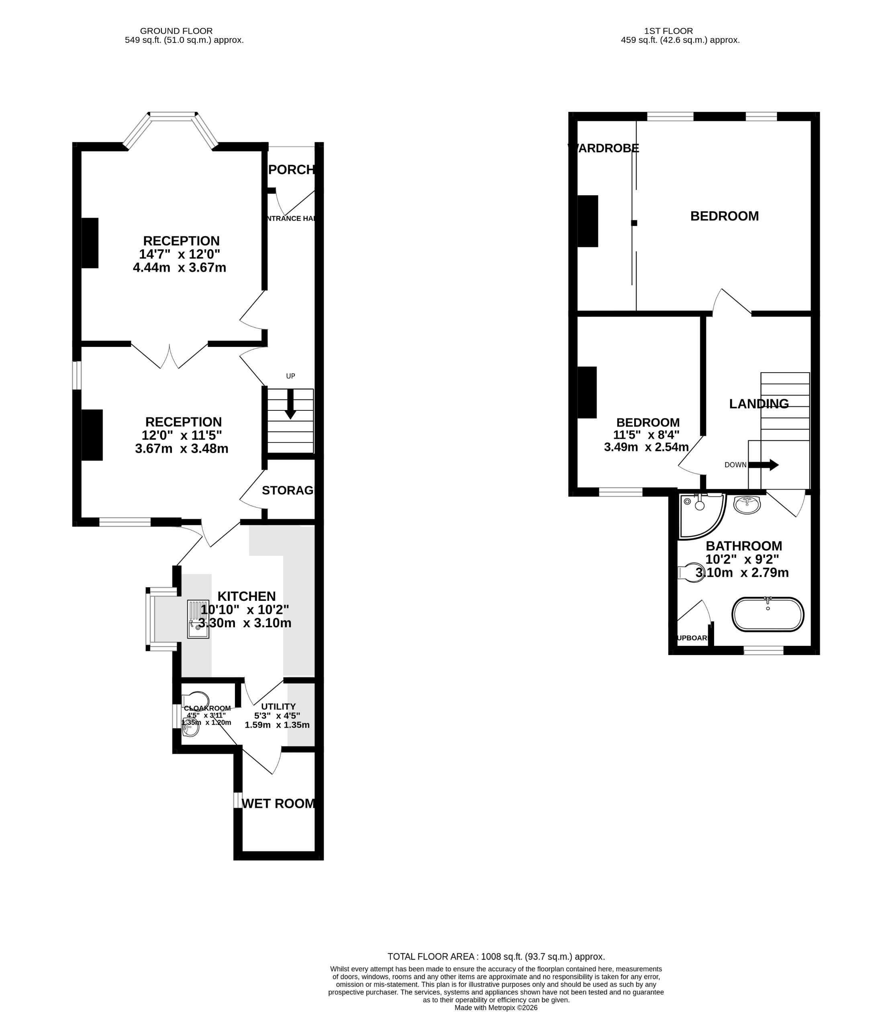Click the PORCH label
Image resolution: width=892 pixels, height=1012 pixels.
click(291, 170)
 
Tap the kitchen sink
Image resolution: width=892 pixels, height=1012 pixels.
click(198, 619)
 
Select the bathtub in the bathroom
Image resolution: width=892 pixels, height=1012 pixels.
click(767, 614)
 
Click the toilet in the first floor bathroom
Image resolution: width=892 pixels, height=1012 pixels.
click(692, 572)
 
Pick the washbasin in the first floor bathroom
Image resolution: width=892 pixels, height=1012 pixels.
click(746, 505)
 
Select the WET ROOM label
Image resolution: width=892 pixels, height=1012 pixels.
click(278, 804)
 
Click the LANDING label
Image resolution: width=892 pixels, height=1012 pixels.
click(758, 404)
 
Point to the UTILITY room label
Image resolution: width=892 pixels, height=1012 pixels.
click(278, 706)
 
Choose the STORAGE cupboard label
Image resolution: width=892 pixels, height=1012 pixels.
click(288, 490)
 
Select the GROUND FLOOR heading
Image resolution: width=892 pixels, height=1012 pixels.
click(176, 31)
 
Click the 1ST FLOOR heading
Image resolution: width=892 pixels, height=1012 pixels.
click(668, 31)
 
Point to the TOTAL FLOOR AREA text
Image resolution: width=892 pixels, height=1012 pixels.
click(496, 957)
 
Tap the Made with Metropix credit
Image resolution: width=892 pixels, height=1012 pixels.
click(496, 1008)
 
